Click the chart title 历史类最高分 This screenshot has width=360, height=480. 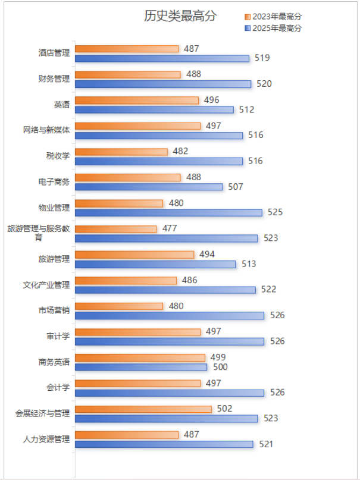tap(180, 16)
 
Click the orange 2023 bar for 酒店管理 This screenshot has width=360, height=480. tap(127, 49)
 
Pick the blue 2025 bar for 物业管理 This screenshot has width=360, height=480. tap(168, 212)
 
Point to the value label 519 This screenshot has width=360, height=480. tap(262, 58)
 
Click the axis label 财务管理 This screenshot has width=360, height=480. tap(54, 79)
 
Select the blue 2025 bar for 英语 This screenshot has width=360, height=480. tap(155, 109)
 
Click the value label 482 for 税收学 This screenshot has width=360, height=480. tap(180, 152)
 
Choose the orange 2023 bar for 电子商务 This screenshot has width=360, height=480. tap(128, 177)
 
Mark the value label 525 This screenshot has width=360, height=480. tap(275, 212)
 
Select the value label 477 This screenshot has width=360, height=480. tap(170, 228)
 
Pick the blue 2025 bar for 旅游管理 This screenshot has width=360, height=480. tap(155, 264)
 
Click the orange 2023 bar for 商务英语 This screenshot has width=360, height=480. tap(140, 357)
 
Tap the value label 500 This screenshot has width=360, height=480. tap(220, 367)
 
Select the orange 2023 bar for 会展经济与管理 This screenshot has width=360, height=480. tap(143, 409)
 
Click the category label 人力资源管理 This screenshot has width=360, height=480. tap(46, 440)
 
